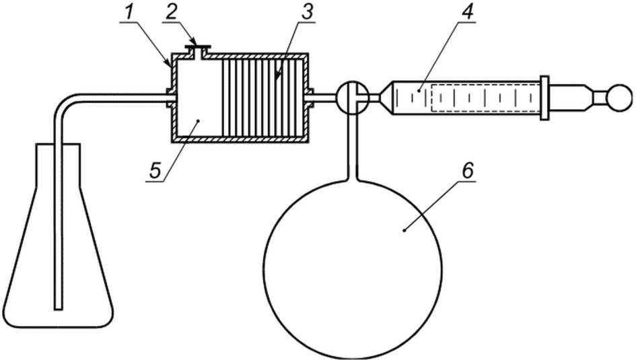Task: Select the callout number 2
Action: pos(172,13)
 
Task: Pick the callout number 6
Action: pos(467,172)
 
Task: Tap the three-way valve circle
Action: pos(353,96)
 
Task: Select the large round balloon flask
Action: pos(353,269)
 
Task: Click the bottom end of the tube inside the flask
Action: pos(59,310)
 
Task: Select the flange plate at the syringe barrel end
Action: pos(544,98)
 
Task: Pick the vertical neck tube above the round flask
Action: pos(353,144)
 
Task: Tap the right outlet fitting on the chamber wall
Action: pos(311,98)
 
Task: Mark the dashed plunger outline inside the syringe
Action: pos(485,98)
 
